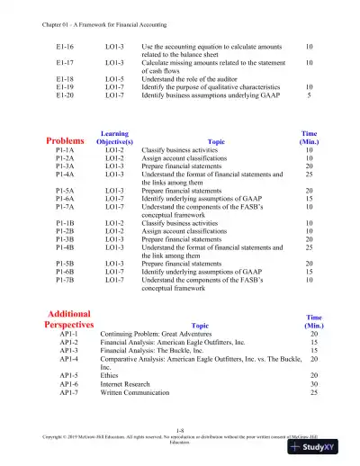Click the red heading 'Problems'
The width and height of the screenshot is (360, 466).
click(67, 141)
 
